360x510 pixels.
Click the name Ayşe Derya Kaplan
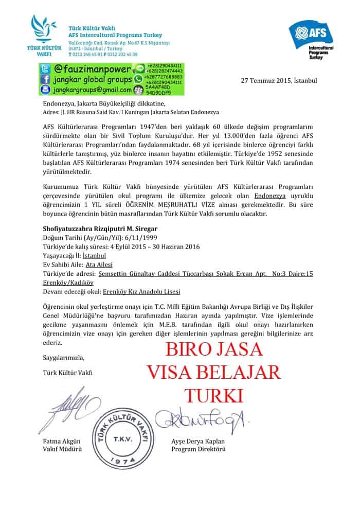(x=198, y=442)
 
